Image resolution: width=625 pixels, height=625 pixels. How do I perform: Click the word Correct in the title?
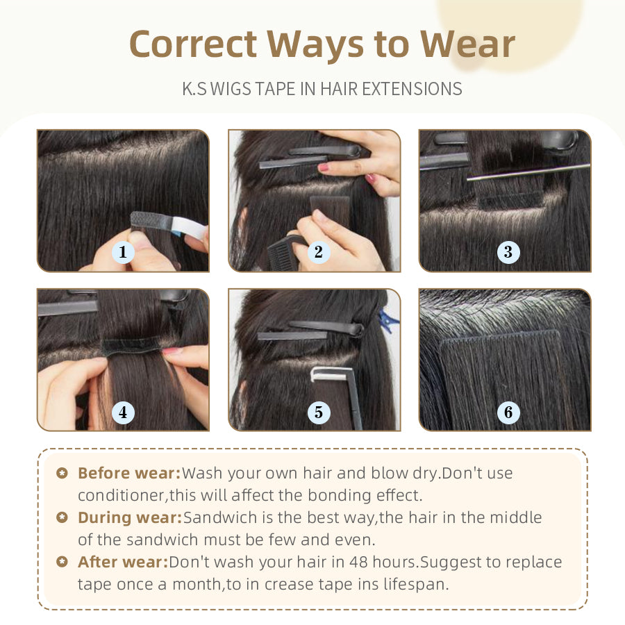click(193, 44)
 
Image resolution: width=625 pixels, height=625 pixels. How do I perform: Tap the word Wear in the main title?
click(468, 44)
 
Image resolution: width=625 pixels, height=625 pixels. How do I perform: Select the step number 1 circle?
click(123, 252)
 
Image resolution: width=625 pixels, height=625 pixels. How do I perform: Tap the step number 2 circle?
click(319, 252)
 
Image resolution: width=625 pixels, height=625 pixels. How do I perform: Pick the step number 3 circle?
click(508, 252)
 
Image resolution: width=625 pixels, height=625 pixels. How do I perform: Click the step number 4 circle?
click(123, 412)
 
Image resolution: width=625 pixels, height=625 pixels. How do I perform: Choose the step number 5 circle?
click(319, 412)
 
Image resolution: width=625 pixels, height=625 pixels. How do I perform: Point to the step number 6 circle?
click(508, 412)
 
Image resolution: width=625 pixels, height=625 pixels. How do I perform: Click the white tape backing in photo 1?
click(188, 228)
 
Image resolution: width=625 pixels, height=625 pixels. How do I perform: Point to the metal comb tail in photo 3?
click(528, 172)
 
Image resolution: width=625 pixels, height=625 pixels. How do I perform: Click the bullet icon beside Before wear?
click(62, 473)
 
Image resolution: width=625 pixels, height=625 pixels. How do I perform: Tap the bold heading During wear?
click(130, 518)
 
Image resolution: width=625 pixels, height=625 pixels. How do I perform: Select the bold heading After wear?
click(123, 562)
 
